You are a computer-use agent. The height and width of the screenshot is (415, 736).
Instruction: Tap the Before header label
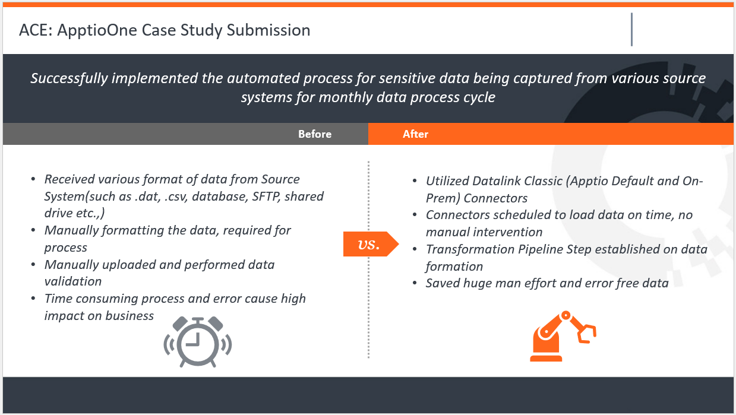315,134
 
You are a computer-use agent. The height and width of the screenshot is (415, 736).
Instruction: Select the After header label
415,134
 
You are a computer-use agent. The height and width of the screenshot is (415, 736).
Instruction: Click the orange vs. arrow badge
371,244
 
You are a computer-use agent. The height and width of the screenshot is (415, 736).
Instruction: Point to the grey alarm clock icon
198,342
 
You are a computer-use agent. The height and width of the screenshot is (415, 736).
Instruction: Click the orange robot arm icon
563,336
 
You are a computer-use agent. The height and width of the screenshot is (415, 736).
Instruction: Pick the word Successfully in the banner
69,78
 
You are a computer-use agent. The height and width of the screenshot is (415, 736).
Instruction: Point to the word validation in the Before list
73,281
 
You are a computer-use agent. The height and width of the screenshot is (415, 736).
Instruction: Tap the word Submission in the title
269,30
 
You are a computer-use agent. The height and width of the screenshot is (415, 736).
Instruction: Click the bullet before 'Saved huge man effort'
415,283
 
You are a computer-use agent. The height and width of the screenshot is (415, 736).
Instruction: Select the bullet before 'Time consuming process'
33,298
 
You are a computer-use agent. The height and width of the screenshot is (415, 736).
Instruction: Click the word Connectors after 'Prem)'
495,198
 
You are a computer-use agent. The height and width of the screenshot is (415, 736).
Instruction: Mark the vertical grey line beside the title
631,30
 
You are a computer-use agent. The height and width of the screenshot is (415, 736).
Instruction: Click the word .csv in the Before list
176,197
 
